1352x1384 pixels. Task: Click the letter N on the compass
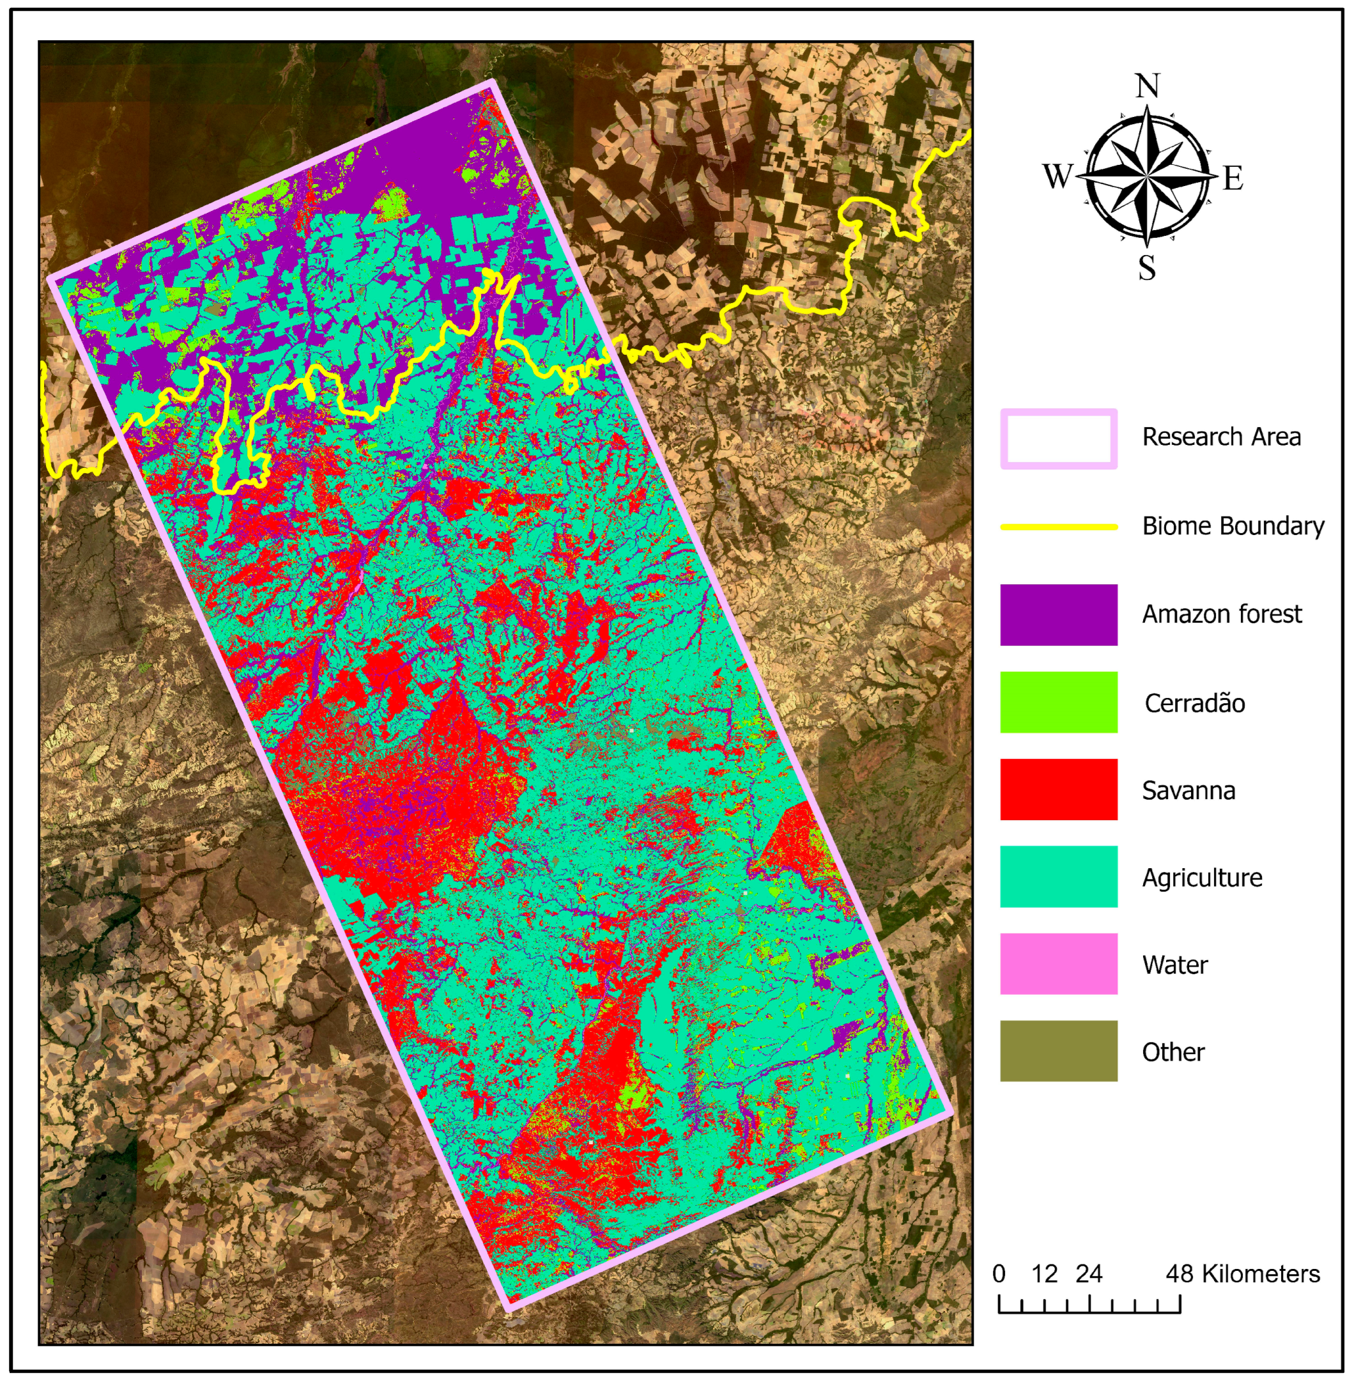tap(1148, 87)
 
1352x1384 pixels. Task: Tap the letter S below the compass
tap(1147, 268)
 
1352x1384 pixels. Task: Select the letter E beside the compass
tap(1233, 178)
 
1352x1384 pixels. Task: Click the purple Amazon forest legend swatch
tap(1058, 614)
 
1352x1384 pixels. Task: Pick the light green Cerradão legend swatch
tap(1058, 702)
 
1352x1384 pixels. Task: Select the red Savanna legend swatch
tap(1058, 789)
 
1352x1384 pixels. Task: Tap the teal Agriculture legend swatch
tap(1058, 876)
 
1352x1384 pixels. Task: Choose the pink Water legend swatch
tap(1058, 964)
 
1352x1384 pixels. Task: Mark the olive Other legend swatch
tap(1058, 1052)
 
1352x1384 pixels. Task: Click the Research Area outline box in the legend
tap(1058, 439)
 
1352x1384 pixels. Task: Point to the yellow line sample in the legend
tap(1058, 527)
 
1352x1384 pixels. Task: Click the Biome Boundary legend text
tap(1233, 527)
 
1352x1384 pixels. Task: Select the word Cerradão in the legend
tap(1194, 703)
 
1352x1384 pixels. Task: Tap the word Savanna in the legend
tap(1188, 791)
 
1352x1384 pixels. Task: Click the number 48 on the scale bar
tap(1179, 1274)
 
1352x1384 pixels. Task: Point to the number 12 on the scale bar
tap(1045, 1274)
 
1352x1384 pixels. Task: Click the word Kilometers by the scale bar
tap(1261, 1274)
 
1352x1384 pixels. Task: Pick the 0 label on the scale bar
tap(999, 1274)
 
